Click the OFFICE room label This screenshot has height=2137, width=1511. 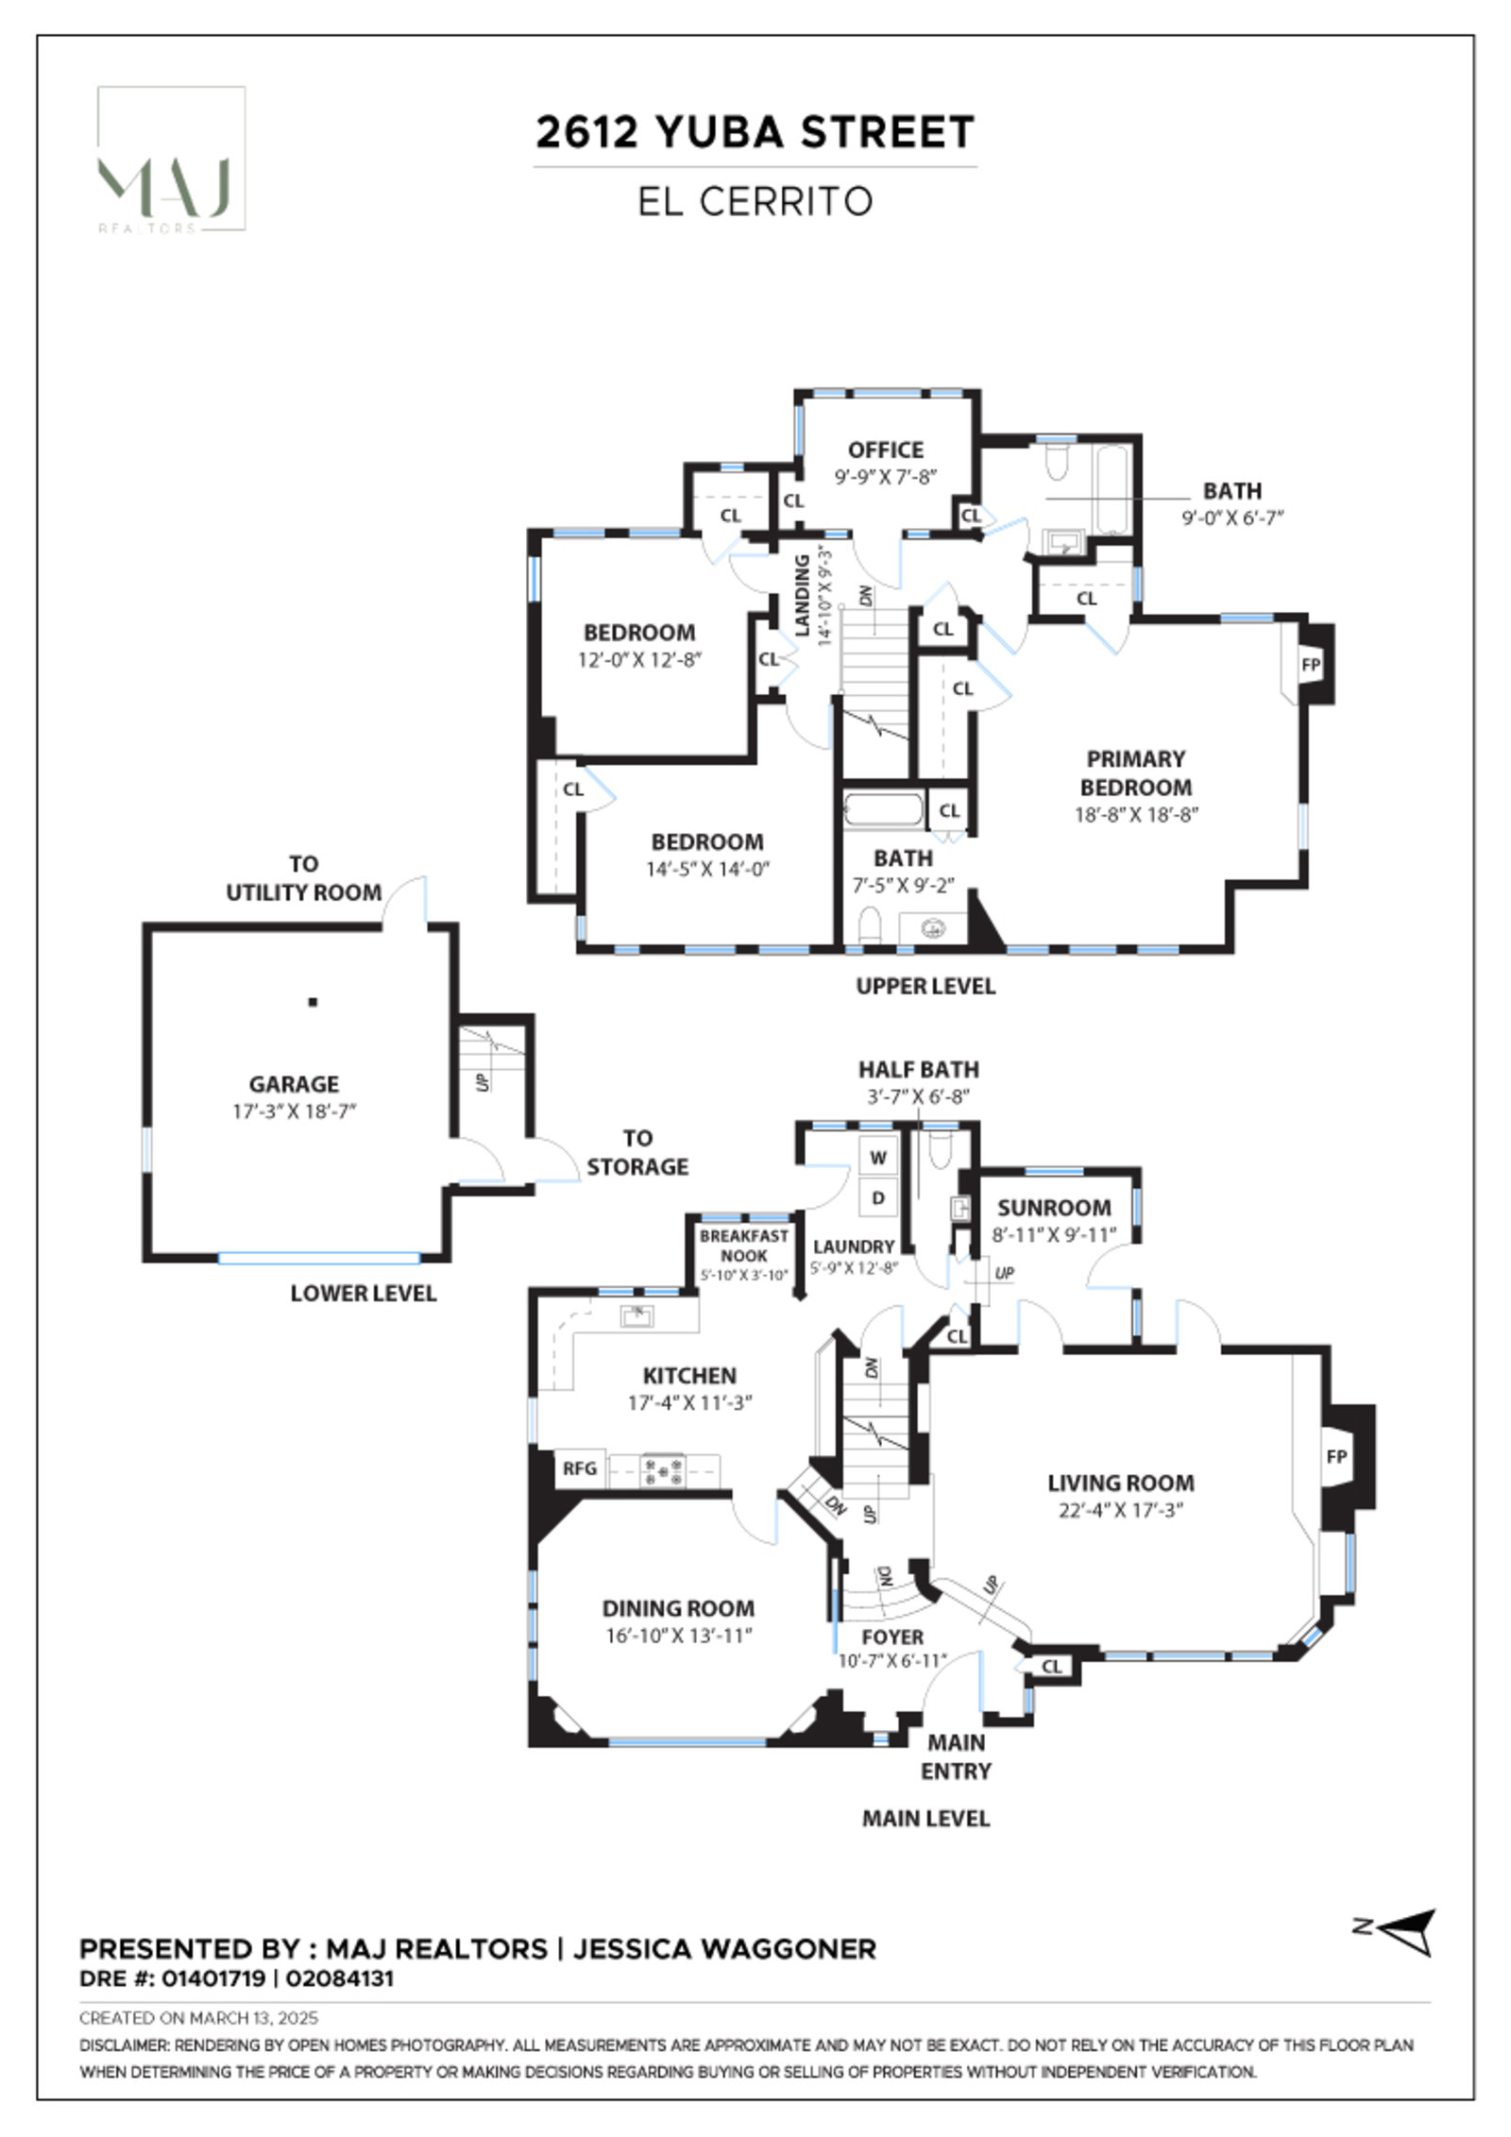[x=885, y=449]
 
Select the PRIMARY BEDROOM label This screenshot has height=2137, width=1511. [x=1135, y=772]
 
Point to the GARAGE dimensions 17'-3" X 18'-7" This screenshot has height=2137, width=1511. [x=294, y=1111]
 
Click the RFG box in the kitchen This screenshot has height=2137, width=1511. [x=580, y=1468]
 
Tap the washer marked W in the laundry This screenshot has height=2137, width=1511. [x=878, y=1158]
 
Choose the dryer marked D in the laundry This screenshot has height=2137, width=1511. [x=878, y=1198]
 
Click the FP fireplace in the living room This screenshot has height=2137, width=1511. [x=1336, y=1456]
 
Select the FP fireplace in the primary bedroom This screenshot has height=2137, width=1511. [x=1310, y=665]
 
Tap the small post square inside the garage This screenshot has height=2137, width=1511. [x=313, y=1002]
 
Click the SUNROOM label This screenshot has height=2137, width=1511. [x=1054, y=1208]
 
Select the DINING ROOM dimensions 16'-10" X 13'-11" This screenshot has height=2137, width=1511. [x=678, y=1636]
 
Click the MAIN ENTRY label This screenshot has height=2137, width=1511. [x=956, y=1756]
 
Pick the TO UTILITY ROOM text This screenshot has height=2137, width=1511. [x=303, y=878]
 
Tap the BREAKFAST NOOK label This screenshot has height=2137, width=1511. [x=743, y=1246]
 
